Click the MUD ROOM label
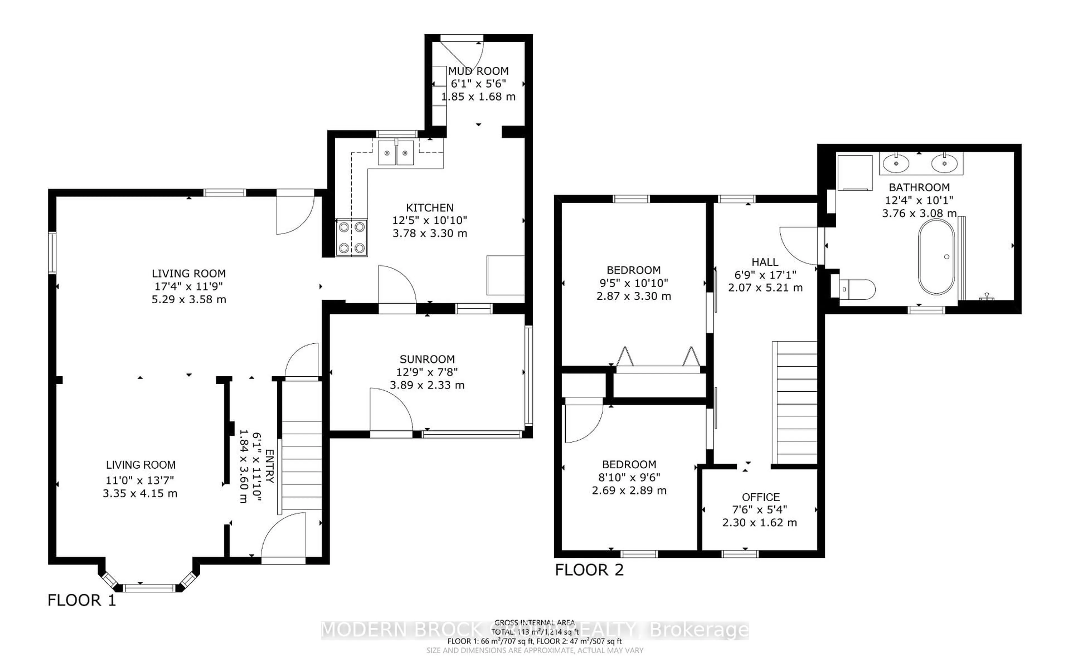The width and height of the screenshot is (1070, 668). (478, 71)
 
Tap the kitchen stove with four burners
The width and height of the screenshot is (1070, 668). (352, 238)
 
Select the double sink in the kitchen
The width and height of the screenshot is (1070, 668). (396, 153)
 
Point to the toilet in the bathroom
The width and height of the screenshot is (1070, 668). (855, 289)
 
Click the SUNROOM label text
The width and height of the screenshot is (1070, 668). (427, 359)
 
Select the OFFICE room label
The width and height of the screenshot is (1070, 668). (761, 497)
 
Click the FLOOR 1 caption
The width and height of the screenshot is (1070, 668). (82, 600)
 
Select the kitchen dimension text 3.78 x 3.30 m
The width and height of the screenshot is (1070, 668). (429, 233)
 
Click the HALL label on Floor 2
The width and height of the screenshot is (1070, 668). (765, 262)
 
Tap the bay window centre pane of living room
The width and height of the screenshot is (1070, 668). (149, 587)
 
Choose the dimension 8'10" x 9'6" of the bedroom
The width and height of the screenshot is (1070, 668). (629, 477)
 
